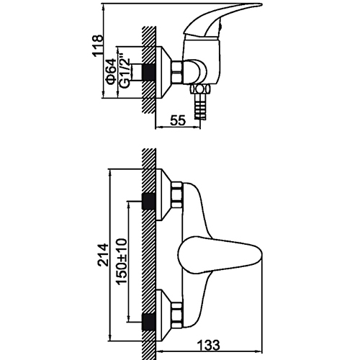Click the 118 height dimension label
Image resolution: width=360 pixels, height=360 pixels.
coord(98,45)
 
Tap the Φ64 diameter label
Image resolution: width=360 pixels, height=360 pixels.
coord(112,72)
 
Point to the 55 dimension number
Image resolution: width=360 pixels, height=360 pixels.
coord(178,120)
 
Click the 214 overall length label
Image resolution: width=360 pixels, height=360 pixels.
coord(103,255)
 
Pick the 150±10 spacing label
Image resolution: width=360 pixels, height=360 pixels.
coord(121,261)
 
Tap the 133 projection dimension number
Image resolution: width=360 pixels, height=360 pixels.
coord(208,345)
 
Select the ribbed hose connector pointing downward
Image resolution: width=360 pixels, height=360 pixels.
coord(199,106)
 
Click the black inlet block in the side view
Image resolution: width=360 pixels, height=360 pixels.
coord(148,72)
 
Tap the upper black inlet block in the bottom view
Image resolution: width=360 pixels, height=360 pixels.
coord(148,201)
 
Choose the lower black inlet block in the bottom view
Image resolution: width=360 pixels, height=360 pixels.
coord(148,322)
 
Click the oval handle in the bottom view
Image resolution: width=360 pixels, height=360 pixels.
coord(220,255)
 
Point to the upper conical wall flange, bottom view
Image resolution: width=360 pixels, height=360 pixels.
coord(163,194)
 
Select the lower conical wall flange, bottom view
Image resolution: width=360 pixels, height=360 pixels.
coord(163,315)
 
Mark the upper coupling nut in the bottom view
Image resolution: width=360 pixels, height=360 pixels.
coord(176,194)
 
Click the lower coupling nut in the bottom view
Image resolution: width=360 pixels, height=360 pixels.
coord(176,315)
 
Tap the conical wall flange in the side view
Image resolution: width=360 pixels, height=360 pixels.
coord(163,72)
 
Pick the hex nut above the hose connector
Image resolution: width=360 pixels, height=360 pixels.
coord(200,89)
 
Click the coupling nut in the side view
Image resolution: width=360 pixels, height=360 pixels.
coord(177,72)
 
